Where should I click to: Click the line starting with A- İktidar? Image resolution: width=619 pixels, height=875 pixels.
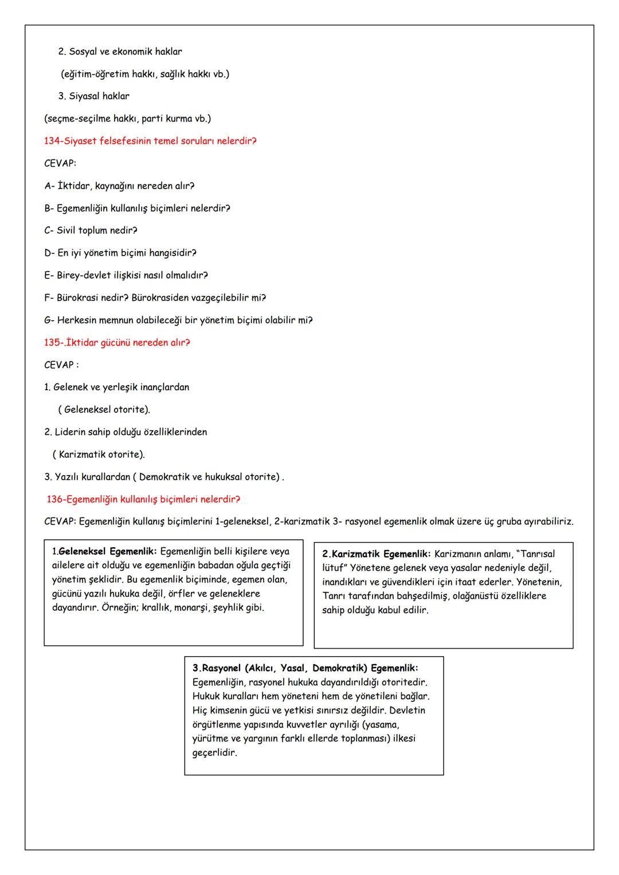pos(119,186)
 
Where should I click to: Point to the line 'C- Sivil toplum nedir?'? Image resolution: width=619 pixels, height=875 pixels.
pos(91,230)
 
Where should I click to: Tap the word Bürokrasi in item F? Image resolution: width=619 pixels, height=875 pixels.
pos(78,298)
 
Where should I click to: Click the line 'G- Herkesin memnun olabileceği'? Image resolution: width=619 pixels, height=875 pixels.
pos(178,320)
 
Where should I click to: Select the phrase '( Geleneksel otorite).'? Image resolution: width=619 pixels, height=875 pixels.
pos(104,410)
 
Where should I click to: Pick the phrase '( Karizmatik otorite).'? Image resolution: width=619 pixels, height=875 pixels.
pos(98,454)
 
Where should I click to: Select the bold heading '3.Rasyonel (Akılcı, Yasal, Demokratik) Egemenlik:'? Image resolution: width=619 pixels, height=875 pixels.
pos(305,668)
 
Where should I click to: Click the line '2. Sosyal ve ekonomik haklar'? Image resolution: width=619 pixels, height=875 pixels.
pos(120,52)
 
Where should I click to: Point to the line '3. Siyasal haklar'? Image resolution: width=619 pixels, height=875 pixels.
pos(93,96)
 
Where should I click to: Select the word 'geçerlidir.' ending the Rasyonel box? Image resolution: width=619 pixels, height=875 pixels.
pos(214,752)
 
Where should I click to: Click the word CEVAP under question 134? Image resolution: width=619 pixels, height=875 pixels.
pos(60,163)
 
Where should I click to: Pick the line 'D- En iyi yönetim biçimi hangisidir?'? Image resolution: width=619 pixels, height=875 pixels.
pos(120,253)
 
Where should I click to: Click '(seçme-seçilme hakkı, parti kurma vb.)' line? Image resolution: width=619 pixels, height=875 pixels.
pos(127,119)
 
